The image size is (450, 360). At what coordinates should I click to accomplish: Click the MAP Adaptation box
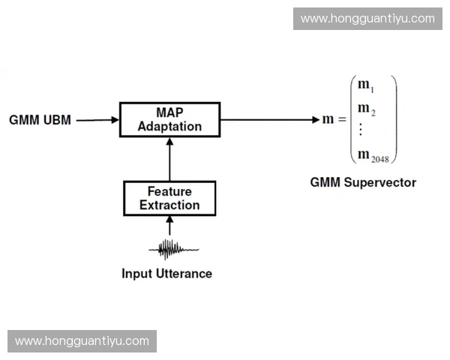(x=169, y=119)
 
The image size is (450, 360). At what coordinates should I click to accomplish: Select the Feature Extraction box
(x=169, y=198)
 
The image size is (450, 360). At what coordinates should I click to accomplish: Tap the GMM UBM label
(x=40, y=120)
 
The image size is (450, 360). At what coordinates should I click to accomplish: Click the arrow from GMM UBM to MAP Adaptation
(x=97, y=120)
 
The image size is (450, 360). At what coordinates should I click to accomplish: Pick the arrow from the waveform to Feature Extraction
(x=169, y=226)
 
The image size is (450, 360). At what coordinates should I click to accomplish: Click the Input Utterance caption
(x=166, y=274)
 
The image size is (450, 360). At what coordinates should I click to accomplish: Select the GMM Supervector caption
(x=363, y=182)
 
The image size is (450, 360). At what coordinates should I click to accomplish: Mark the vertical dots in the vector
(x=361, y=130)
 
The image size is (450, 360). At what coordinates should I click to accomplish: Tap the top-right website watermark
(x=367, y=19)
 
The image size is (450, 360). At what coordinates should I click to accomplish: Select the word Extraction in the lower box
(x=169, y=205)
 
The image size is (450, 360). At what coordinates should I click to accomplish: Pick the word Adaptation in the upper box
(x=169, y=126)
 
